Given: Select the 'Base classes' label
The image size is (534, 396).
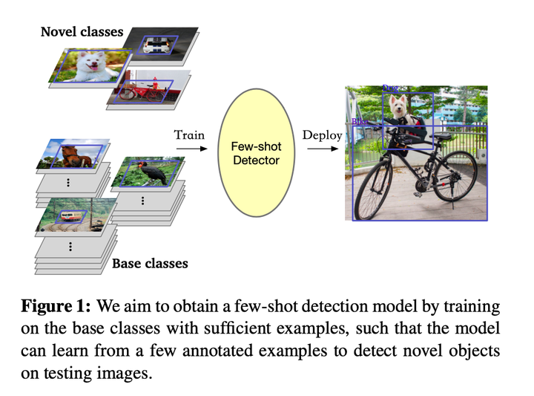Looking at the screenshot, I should coord(150,263).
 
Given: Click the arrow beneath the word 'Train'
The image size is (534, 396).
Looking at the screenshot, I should coord(189,149).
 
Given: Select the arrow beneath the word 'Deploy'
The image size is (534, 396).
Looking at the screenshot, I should coord(320,149).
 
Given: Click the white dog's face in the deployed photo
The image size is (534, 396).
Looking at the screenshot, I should coord(401,107).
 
